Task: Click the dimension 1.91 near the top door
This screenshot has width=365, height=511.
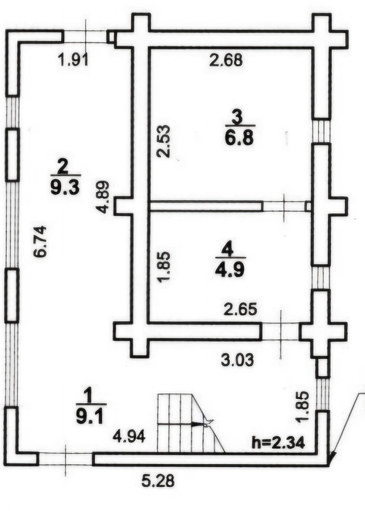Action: pyautogui.click(x=73, y=61)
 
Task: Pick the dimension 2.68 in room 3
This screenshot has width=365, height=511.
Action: pyautogui.click(x=225, y=61)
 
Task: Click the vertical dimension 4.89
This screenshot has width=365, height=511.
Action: pyautogui.click(x=102, y=197)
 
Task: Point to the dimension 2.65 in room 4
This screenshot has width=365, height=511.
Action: pyautogui.click(x=241, y=309)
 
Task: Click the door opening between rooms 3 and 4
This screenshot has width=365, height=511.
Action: pyautogui.click(x=284, y=207)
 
